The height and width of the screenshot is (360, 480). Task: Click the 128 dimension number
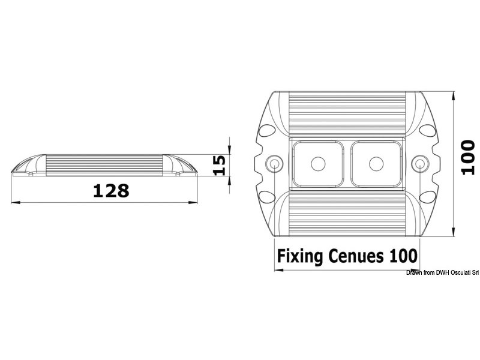111,191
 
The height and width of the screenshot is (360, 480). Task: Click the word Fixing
301,256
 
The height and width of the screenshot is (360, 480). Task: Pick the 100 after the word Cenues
403,256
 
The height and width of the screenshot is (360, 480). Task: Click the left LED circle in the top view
318,163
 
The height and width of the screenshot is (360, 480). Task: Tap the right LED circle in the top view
377,163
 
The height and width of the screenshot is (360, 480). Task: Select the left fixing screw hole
275,163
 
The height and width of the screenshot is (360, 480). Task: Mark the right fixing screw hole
421,163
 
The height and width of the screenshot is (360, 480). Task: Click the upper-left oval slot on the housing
266,130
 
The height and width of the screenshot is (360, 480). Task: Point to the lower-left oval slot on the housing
266,196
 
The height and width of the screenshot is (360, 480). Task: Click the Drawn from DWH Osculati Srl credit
442,272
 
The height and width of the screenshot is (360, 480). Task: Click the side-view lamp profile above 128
106,165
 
